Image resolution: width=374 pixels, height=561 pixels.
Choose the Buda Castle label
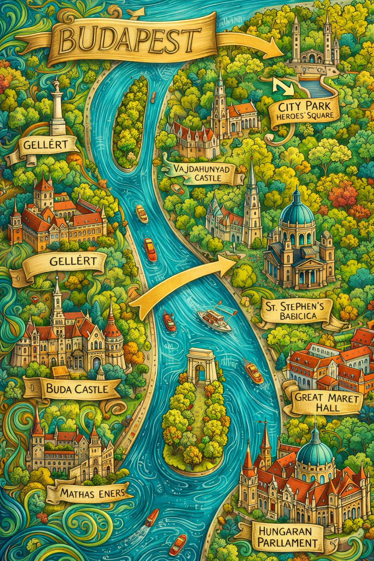tap(77, 389)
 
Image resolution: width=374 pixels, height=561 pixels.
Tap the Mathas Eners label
tap(92, 493)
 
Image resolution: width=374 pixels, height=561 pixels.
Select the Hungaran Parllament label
tap(285, 537)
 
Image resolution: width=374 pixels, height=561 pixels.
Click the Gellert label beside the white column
tap(45, 145)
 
